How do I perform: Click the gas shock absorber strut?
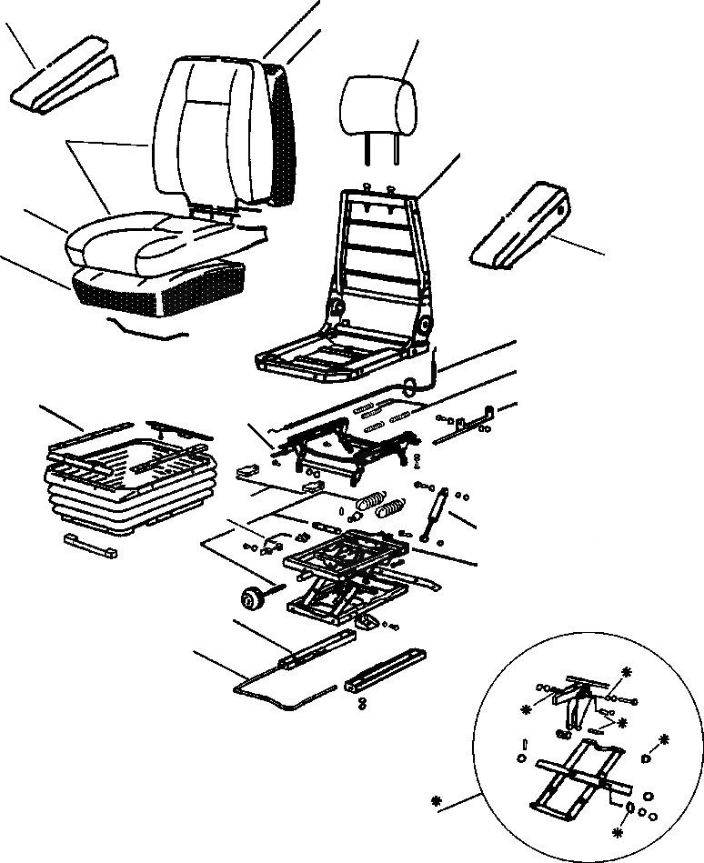[x=435, y=514]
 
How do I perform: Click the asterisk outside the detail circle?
[x=437, y=802]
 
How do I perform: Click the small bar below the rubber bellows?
[x=91, y=548]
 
